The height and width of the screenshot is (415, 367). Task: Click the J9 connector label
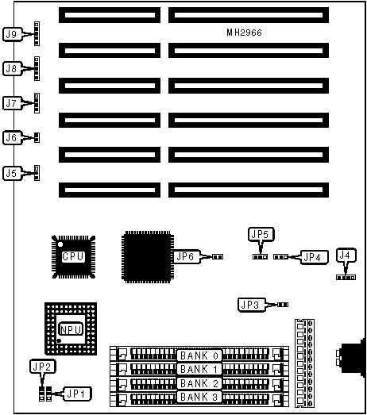coord(13,34)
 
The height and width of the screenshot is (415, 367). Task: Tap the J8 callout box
coord(13,68)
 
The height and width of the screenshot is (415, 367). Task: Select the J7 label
coord(13,103)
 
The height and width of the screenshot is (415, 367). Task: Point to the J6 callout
coord(13,137)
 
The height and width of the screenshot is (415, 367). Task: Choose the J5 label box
coord(13,173)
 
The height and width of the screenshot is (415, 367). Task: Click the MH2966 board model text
coord(244,33)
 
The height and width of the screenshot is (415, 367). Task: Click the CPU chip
coord(73,257)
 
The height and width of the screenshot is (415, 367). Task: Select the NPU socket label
coord(71,329)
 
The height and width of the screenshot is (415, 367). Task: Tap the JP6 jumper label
coord(187,256)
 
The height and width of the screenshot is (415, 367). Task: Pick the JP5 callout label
coord(261,234)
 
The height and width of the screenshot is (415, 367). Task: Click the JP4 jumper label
coord(315,257)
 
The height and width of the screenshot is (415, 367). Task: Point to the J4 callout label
coord(346,256)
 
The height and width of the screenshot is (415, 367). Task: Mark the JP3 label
coord(252,305)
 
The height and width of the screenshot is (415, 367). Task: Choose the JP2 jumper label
coord(43,367)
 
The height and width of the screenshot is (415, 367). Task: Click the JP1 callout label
coord(77,394)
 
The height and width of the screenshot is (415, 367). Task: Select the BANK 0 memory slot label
coord(199,355)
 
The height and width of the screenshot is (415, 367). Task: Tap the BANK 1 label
coord(199,369)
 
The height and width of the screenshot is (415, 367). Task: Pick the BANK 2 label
coord(199,383)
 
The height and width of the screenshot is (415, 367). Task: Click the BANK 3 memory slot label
coord(199,397)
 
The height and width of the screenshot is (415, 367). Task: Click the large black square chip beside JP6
coord(148,257)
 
